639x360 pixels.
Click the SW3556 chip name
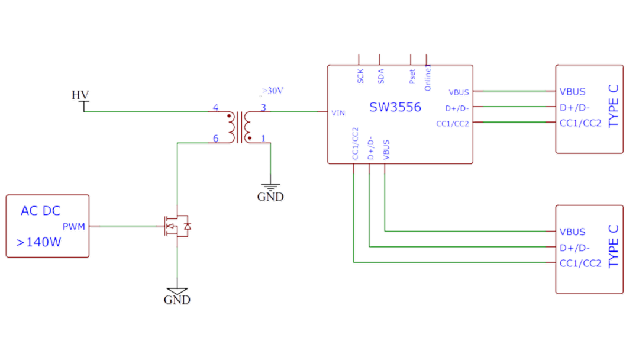[395, 108]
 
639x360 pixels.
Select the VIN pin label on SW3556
[338, 112]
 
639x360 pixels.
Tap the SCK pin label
[360, 76]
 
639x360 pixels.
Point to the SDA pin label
[381, 76]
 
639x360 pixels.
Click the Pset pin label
[412, 75]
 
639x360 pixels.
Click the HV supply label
[80, 95]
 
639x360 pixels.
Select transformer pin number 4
[215, 108]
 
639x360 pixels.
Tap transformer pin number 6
[215, 138]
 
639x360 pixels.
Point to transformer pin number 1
[263, 138]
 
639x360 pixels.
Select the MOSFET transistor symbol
[176, 226]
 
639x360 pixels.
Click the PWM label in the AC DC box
[74, 227]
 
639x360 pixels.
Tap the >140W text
[39, 242]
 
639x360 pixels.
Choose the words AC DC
[41, 211]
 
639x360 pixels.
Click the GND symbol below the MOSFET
[177, 297]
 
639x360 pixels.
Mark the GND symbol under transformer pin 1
[270, 194]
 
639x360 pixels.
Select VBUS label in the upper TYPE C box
[573, 92]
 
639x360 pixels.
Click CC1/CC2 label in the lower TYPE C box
[580, 263]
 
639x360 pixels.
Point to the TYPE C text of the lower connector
[614, 247]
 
